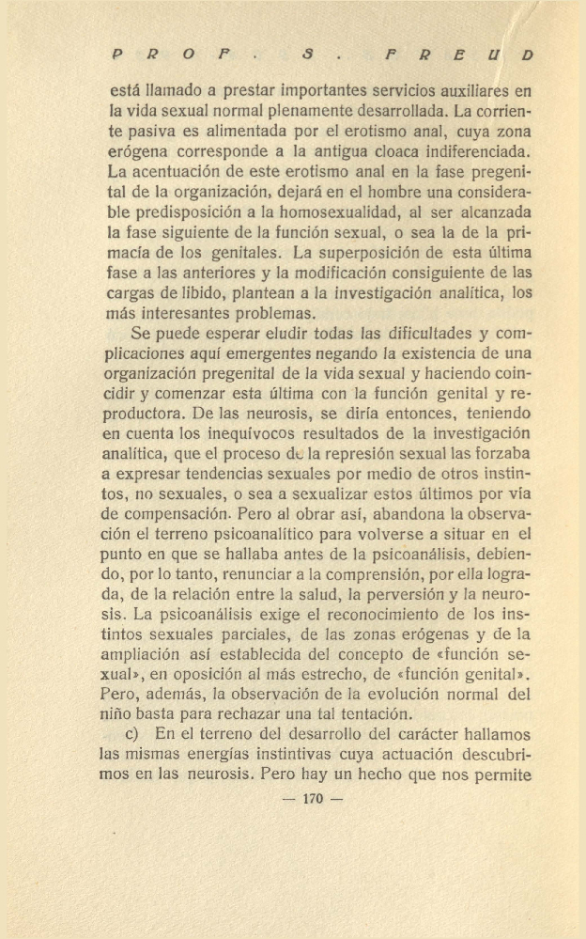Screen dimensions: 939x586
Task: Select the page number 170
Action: pyautogui.click(x=313, y=799)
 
